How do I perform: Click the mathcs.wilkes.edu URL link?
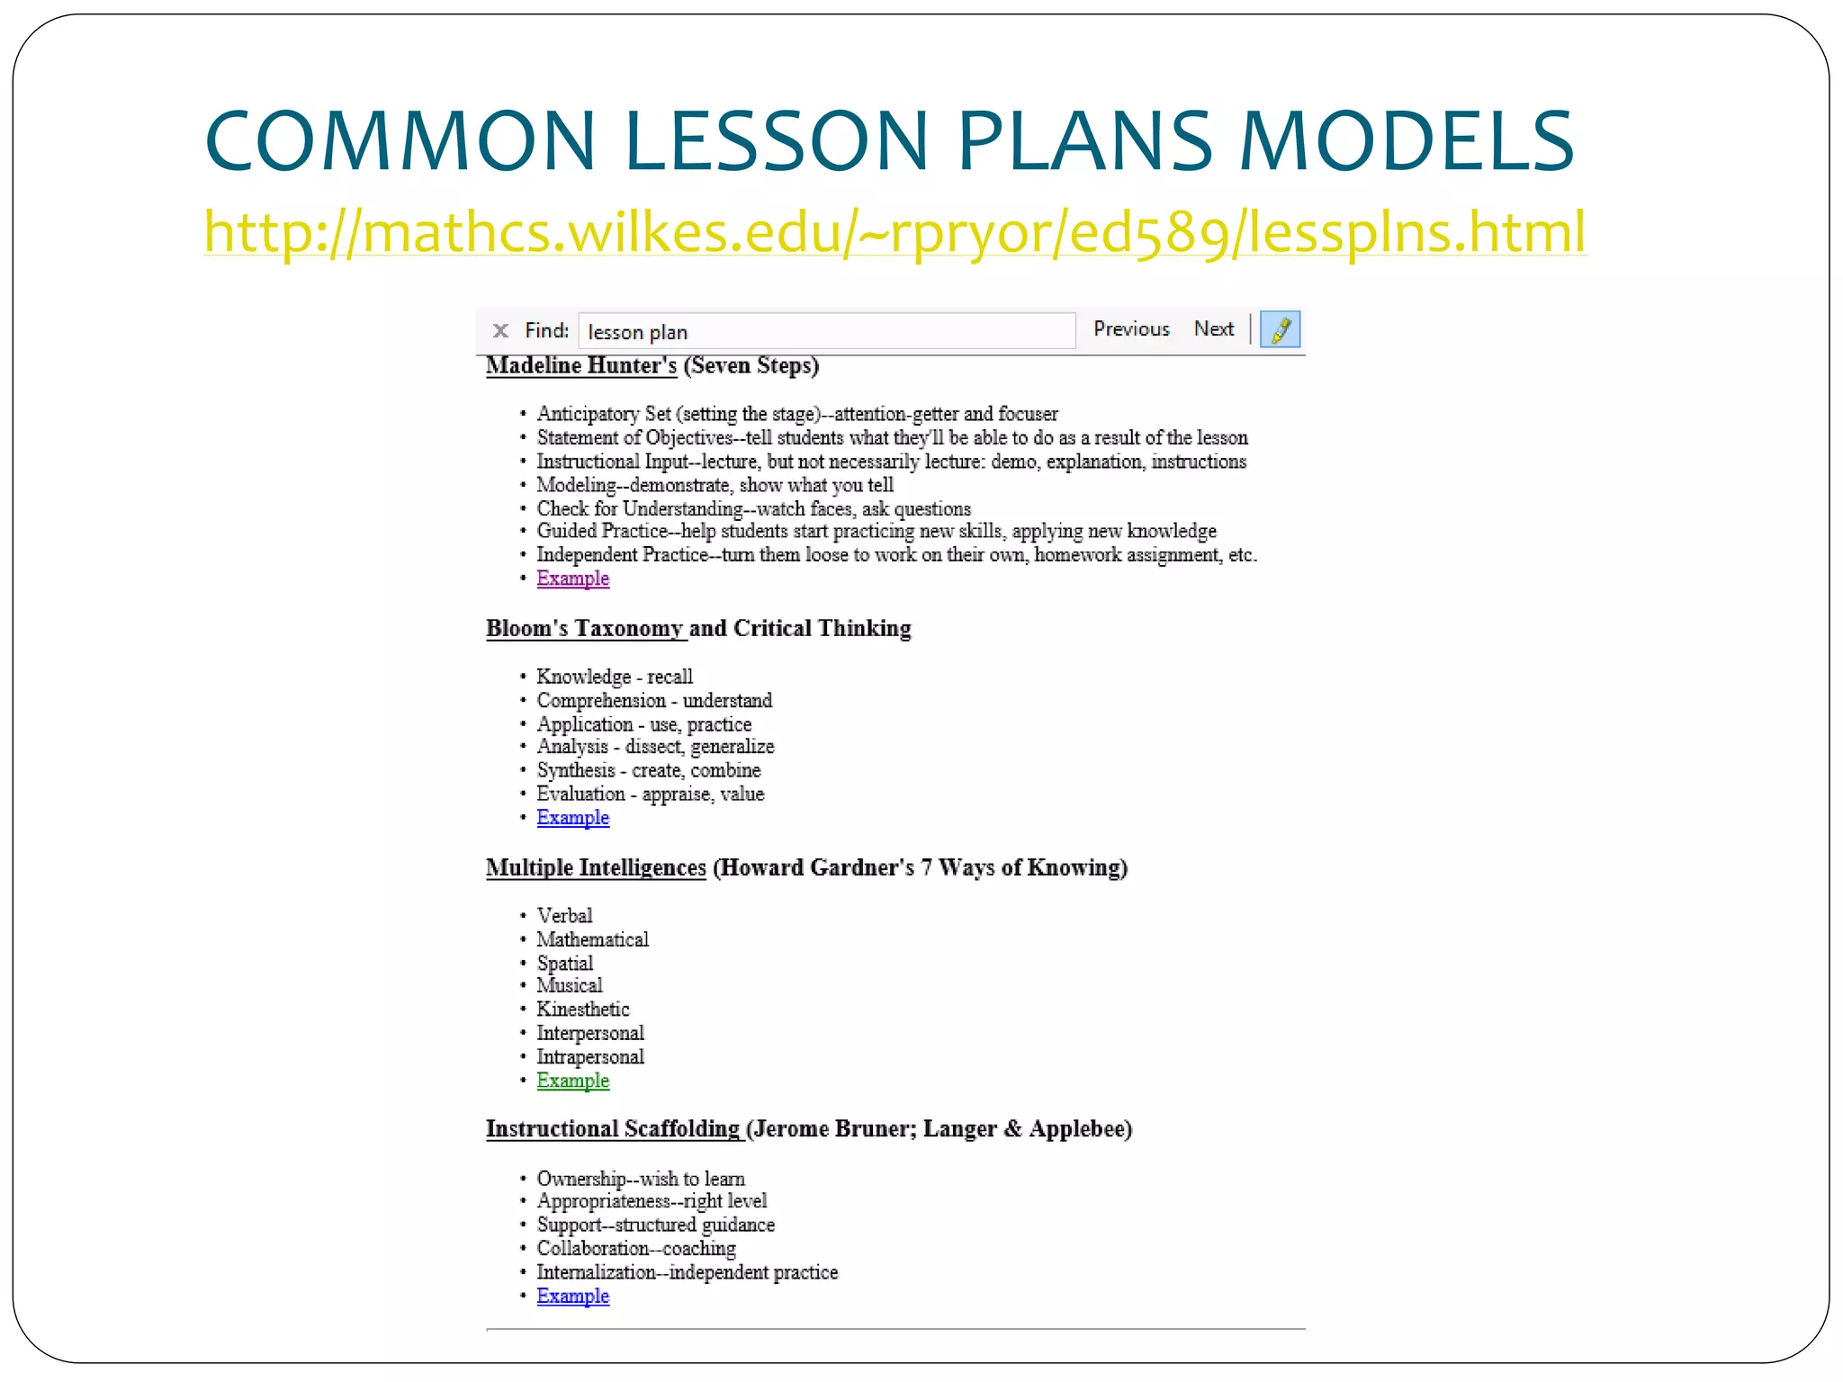click(x=895, y=232)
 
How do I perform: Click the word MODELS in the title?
click(x=1406, y=141)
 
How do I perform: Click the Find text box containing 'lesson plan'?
click(x=826, y=331)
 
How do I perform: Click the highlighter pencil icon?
click(x=1280, y=329)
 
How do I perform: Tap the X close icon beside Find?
click(x=500, y=331)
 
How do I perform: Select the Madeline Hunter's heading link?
click(x=580, y=365)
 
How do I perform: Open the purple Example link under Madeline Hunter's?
click(x=572, y=579)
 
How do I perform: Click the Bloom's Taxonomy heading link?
click(x=585, y=628)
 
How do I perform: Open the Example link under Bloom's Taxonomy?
click(x=572, y=818)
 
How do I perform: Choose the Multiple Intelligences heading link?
click(x=596, y=867)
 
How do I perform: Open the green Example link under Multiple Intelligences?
click(x=572, y=1081)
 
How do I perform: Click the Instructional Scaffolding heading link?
click(x=613, y=1129)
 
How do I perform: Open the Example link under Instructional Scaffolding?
click(x=572, y=1297)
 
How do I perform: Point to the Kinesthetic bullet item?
click(x=582, y=1010)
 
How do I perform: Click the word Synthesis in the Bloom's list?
click(x=576, y=771)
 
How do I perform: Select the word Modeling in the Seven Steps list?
click(x=576, y=486)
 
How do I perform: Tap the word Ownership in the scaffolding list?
click(x=581, y=1179)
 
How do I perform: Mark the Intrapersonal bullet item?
click(x=590, y=1057)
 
